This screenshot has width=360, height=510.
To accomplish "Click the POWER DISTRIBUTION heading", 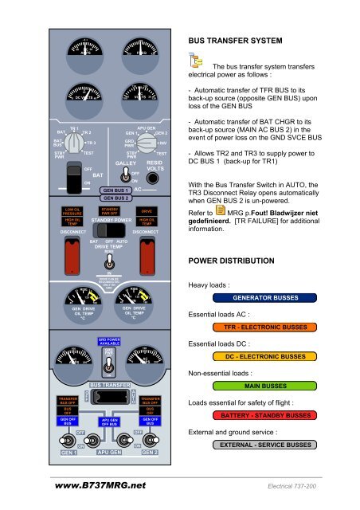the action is tap(230, 260).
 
